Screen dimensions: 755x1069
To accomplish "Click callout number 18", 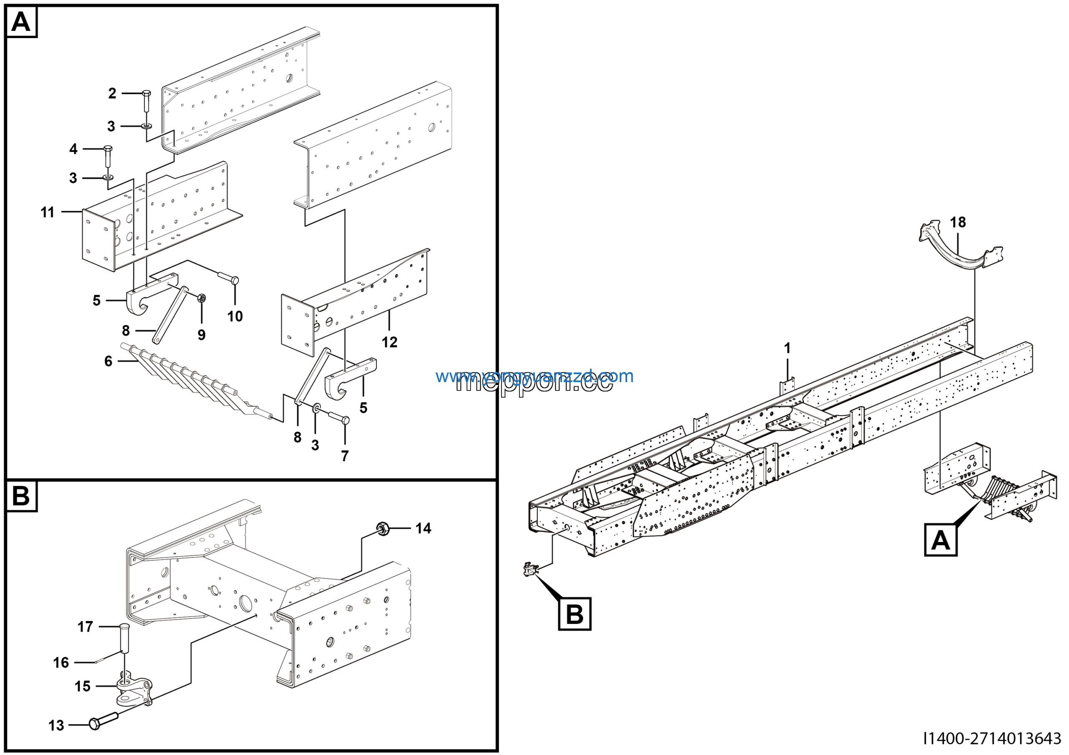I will click(x=958, y=223).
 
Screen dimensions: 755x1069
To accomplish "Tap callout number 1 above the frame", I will click(x=787, y=348).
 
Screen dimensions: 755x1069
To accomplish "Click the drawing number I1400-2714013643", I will click(x=992, y=738).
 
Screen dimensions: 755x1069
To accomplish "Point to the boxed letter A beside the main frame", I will click(x=940, y=540).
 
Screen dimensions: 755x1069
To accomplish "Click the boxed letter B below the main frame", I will click(x=575, y=614).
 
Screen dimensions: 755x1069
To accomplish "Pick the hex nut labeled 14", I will click(x=383, y=528).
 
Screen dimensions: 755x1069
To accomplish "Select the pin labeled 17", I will click(x=124, y=638).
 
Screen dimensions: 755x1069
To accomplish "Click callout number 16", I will click(x=61, y=662).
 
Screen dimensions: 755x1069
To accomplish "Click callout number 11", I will click(x=48, y=212).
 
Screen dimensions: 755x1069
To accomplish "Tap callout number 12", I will click(x=389, y=342).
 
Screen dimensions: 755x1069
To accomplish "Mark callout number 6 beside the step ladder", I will click(x=108, y=361).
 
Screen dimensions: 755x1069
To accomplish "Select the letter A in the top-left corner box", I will click(x=21, y=21).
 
